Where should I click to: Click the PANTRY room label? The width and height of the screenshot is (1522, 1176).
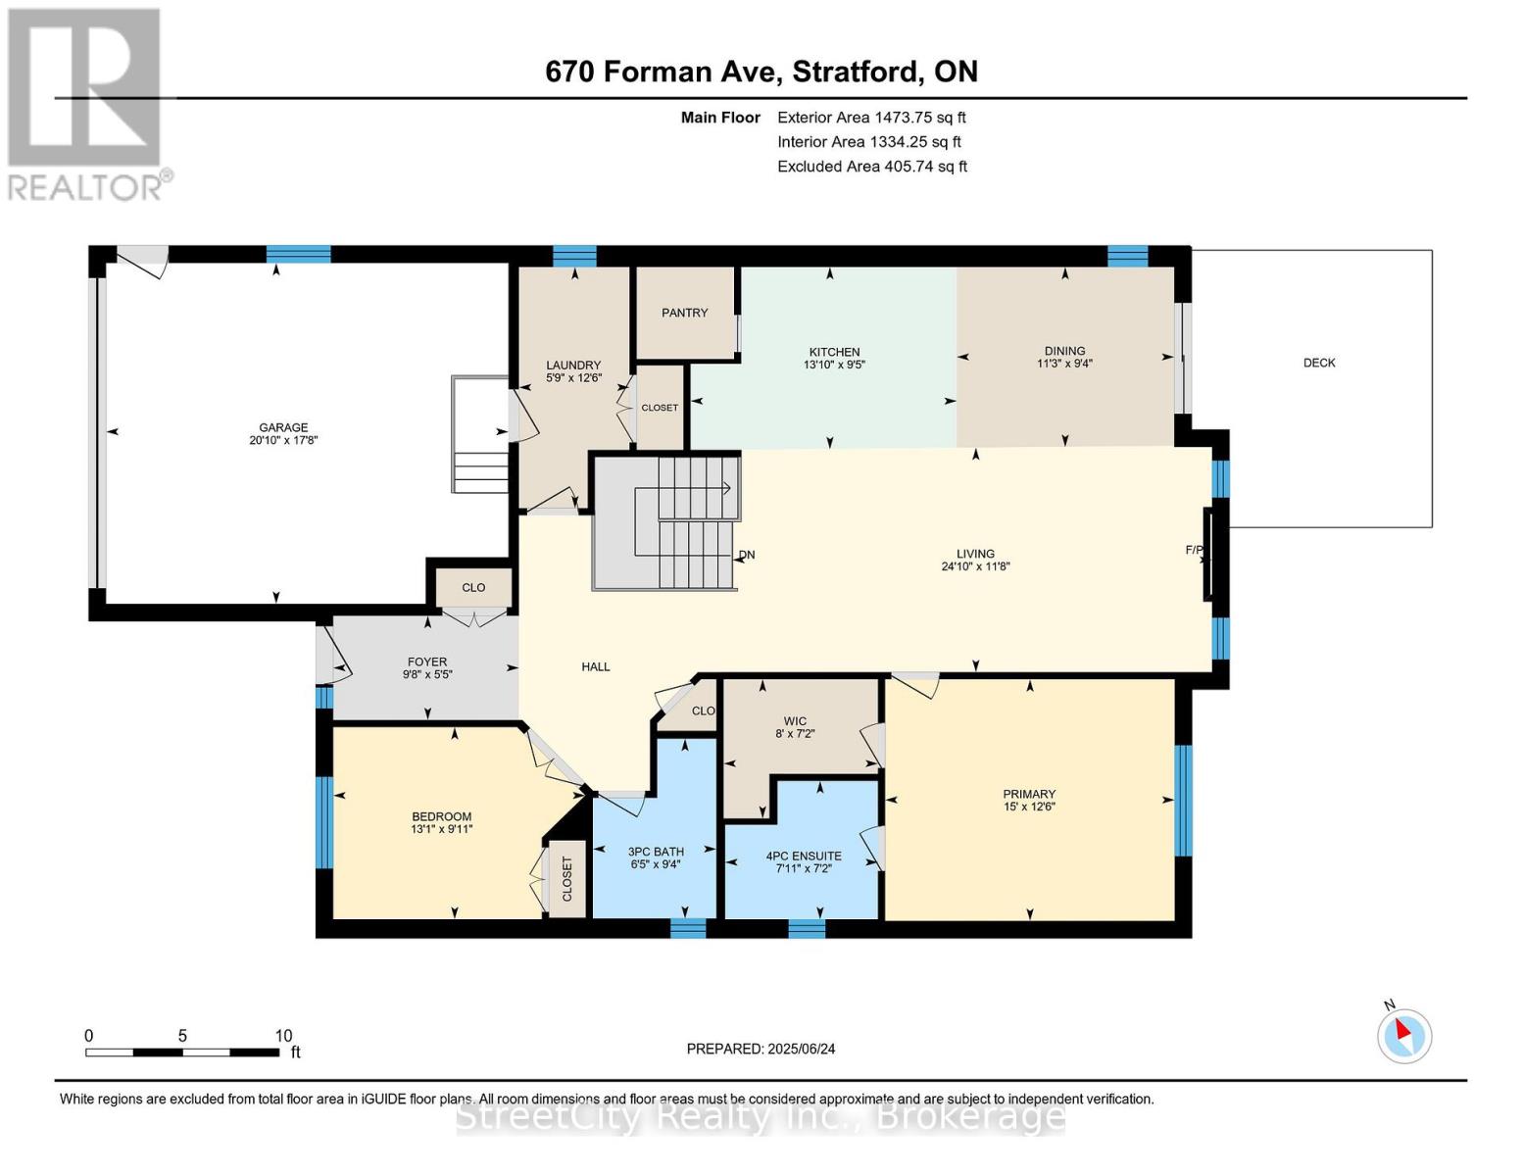click(684, 313)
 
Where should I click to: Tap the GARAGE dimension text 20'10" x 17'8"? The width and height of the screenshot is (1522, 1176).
click(283, 441)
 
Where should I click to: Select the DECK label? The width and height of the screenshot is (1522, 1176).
click(1319, 363)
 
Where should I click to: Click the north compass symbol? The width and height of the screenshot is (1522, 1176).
click(1403, 1034)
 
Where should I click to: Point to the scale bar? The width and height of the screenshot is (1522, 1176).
click(182, 1053)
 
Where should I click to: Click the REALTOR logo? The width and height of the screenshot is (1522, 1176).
click(86, 103)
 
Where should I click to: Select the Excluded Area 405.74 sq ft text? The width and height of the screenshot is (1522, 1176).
click(871, 167)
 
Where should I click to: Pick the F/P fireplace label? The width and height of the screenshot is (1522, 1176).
click(1194, 550)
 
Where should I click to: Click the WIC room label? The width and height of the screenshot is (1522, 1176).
click(795, 721)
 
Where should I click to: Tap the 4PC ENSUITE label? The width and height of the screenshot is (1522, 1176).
click(803, 856)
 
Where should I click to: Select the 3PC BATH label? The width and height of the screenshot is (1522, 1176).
click(656, 852)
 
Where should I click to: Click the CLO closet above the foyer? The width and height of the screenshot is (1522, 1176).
click(473, 588)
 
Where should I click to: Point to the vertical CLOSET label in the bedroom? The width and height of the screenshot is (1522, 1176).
click(566, 879)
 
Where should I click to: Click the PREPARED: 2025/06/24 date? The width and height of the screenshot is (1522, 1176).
click(761, 1049)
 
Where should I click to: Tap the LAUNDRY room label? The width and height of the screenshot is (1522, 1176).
click(573, 366)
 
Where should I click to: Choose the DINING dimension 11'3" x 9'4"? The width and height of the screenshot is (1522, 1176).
click(1064, 364)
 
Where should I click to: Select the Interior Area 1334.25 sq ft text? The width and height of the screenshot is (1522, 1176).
click(868, 142)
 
